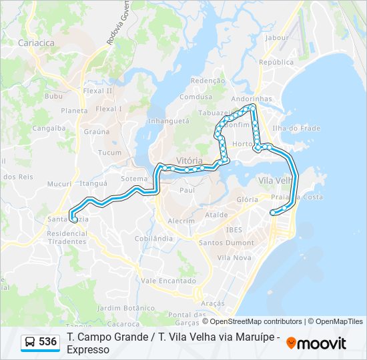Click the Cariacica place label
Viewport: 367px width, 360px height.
tap(37, 43)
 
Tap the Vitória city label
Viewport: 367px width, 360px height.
tap(190, 161)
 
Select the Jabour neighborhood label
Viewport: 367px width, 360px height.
tap(276, 38)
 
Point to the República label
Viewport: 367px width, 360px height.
tap(276, 62)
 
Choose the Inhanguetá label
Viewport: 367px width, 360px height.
tap(169, 121)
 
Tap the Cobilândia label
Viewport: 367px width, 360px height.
tap(154, 238)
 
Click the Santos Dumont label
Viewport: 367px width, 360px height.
tap(226, 243)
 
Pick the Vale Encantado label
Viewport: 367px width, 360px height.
tap(168, 281)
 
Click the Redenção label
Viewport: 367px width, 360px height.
tap(208, 81)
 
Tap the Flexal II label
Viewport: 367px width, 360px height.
tap(98, 91)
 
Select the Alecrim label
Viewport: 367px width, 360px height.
tap(181, 221)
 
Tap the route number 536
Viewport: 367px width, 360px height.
tap(47, 342)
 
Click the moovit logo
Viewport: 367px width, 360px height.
tap(316, 343)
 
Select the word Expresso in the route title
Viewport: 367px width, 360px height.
tap(88, 349)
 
